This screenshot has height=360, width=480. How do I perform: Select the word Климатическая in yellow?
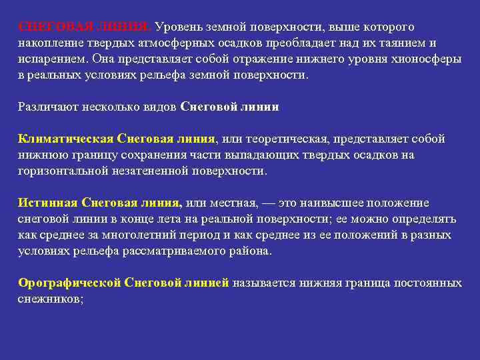(x=65, y=139)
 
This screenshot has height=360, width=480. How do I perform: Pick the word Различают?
(x=47, y=107)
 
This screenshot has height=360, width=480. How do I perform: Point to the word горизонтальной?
(x=64, y=171)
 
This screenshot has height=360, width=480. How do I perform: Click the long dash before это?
(x=269, y=203)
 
